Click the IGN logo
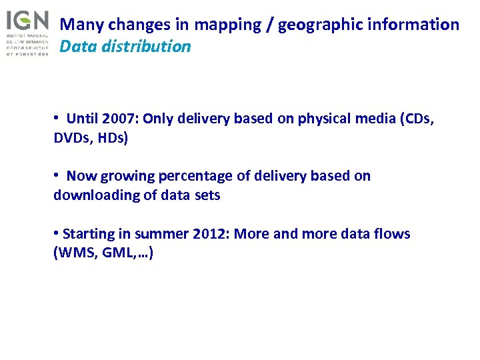tap(27, 31)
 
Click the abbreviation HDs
tap(111, 139)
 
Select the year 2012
tap(208, 234)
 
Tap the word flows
tap(393, 234)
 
